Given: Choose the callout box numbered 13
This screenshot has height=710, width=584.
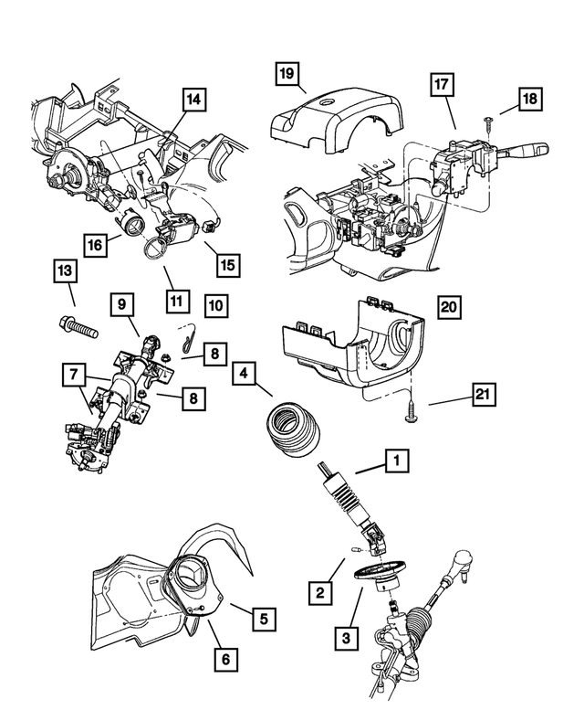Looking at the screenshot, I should pyautogui.click(x=63, y=271).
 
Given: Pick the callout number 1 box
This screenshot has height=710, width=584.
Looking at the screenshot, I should pyautogui.click(x=396, y=463).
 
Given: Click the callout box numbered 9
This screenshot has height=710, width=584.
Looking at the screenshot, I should pyautogui.click(x=124, y=303).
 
